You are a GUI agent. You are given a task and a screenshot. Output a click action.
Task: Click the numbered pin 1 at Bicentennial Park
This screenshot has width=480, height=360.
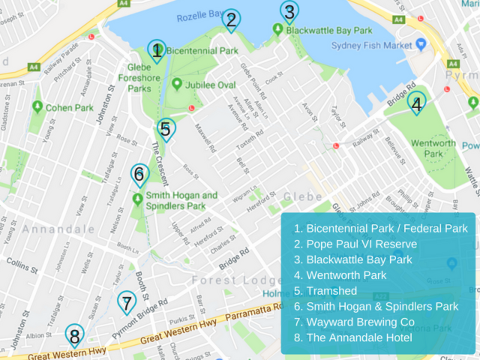coord(156,51)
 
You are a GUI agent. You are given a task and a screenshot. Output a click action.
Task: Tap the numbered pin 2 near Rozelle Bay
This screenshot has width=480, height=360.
coord(232,20)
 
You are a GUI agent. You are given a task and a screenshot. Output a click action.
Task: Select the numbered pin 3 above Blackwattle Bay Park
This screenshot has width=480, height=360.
coord(289,12)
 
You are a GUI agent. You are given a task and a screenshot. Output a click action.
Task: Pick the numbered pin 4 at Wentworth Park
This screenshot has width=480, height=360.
coord(416,103)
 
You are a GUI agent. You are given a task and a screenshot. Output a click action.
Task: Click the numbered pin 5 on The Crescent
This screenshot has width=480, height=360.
coord(166,129)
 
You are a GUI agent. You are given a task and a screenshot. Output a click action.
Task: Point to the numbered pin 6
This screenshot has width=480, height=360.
coord(139,175)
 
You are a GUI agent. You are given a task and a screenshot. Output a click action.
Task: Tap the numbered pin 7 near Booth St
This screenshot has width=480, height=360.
coord(127,304)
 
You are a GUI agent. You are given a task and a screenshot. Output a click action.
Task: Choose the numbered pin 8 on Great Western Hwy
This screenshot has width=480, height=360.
coord(73,335)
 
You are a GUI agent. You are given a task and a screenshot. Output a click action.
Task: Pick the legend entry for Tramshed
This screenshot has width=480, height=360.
coord(325,290)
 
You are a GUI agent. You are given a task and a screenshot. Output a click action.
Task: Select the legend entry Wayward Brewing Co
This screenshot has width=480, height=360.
coord(354,322)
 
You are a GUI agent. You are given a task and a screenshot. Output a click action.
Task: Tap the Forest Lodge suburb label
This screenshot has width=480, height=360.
coord(224,280)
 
